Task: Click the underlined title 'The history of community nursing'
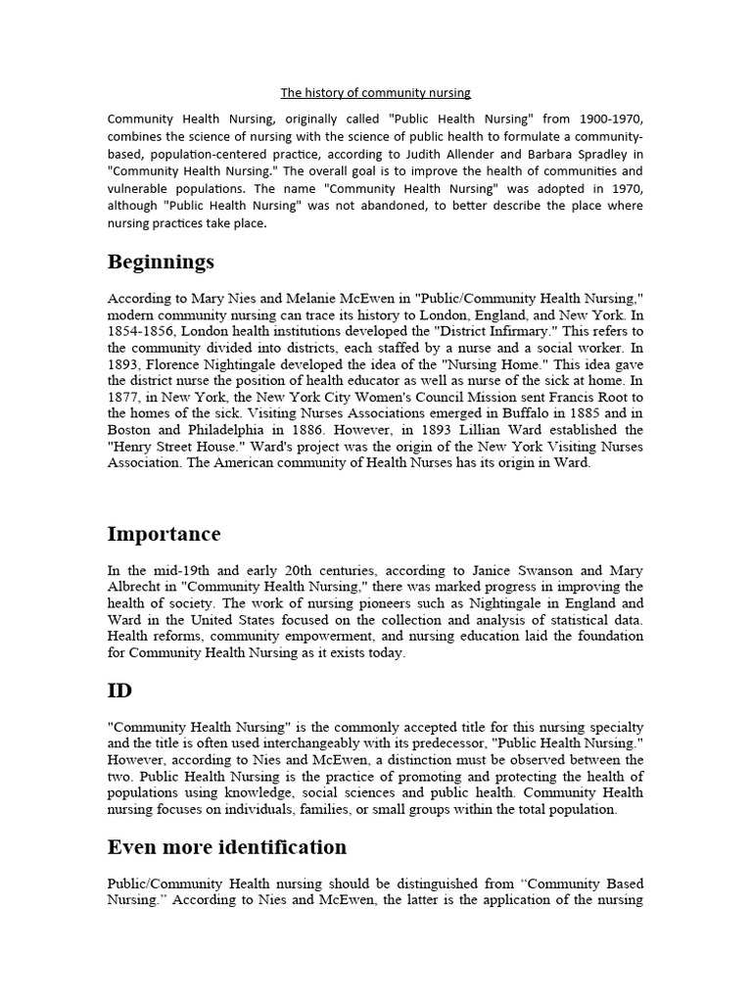[x=376, y=93]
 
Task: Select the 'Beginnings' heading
[x=161, y=263]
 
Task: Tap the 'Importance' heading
[x=164, y=534]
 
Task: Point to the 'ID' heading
[x=119, y=691]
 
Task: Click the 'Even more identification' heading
[x=226, y=846]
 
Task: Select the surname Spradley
[x=597, y=154]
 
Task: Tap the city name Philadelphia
[x=223, y=431]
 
